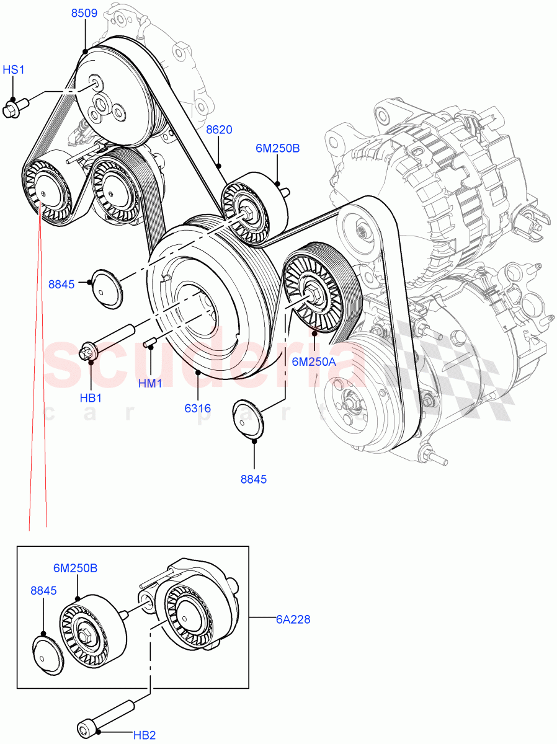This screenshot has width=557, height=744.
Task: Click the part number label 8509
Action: point(83,13)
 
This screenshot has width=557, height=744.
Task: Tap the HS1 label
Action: point(14,70)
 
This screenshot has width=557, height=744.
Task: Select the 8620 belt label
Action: point(219,130)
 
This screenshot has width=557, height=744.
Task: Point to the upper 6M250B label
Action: point(277,149)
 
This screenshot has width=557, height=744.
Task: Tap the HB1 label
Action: point(91,397)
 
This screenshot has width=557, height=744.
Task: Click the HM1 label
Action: point(150,384)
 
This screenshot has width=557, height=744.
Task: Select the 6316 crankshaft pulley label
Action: point(197,409)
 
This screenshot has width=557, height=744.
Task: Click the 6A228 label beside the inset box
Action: point(293,619)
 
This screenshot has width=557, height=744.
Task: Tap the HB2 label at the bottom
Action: point(145,735)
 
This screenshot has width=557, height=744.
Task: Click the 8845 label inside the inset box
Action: point(43,591)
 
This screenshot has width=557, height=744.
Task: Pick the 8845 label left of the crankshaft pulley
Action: point(61,285)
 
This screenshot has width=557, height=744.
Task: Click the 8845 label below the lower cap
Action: point(254,479)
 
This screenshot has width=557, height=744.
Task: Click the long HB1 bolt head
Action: point(87,352)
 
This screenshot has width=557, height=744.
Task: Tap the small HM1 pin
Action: point(150,342)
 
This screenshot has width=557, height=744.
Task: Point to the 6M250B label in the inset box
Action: point(76,568)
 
